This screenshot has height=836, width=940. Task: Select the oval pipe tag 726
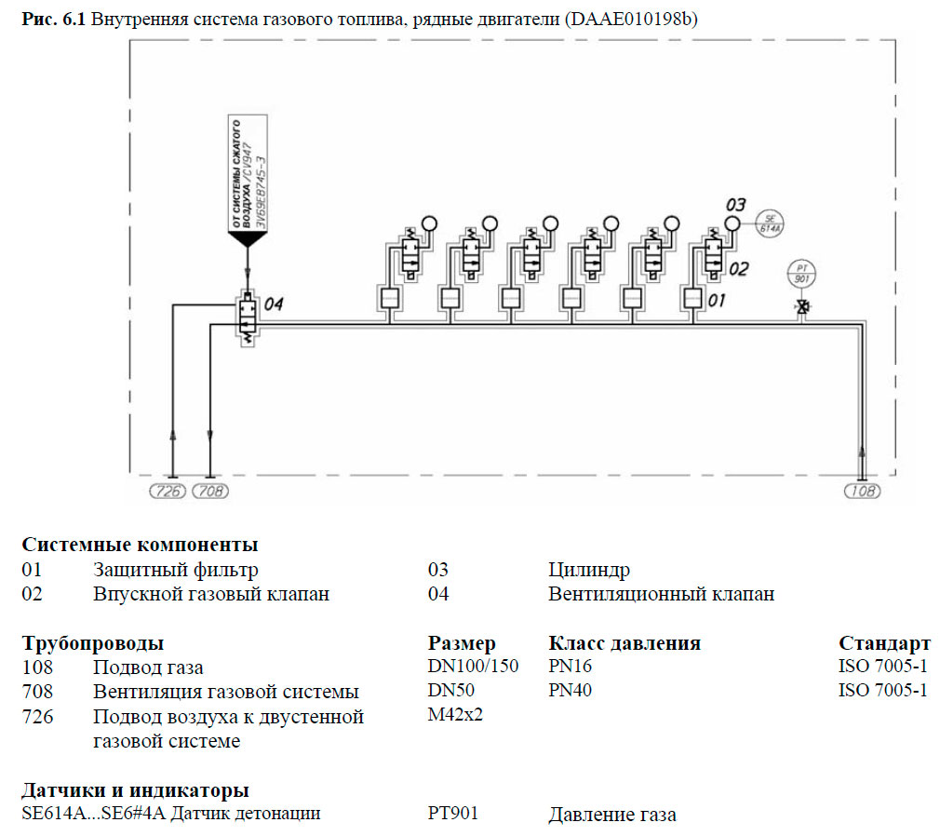[x=168, y=491]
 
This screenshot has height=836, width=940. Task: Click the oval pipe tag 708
[x=210, y=491]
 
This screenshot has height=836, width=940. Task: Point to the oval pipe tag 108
[x=862, y=491]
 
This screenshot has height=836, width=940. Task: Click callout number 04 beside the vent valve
[x=274, y=304]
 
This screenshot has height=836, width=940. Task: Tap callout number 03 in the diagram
[x=736, y=204]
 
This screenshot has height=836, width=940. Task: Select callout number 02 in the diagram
[x=738, y=270]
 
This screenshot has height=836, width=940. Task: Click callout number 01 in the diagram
[x=717, y=301]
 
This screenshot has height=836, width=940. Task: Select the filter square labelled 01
[x=692, y=298]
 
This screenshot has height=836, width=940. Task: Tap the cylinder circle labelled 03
[x=732, y=223]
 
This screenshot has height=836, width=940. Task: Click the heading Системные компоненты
[x=140, y=545]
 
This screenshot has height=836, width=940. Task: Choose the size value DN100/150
[x=473, y=667]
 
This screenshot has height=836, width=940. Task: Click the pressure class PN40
[x=570, y=691]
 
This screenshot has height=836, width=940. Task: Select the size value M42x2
[x=456, y=715]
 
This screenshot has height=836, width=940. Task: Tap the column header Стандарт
[x=884, y=643]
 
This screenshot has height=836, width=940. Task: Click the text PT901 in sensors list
[x=453, y=814]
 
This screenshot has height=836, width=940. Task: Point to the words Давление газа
[x=612, y=816]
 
